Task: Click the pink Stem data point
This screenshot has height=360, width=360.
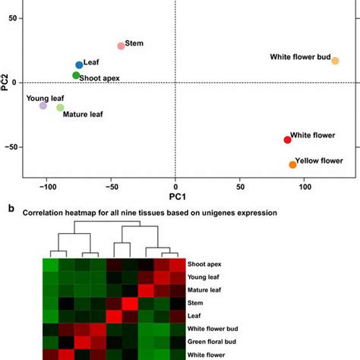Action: click(121, 46)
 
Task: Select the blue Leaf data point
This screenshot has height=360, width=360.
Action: click(79, 65)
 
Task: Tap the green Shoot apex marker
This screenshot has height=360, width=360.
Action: click(76, 75)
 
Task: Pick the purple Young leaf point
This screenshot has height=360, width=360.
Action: click(43, 106)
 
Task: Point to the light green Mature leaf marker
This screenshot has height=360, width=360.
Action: click(60, 108)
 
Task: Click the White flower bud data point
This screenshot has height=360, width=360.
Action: click(335, 61)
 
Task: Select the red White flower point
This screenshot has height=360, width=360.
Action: click(287, 140)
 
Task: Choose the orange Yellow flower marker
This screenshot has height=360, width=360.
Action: click(292, 165)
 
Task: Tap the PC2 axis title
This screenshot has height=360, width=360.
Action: click(6, 82)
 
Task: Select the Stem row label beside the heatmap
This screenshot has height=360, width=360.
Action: click(195, 302)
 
